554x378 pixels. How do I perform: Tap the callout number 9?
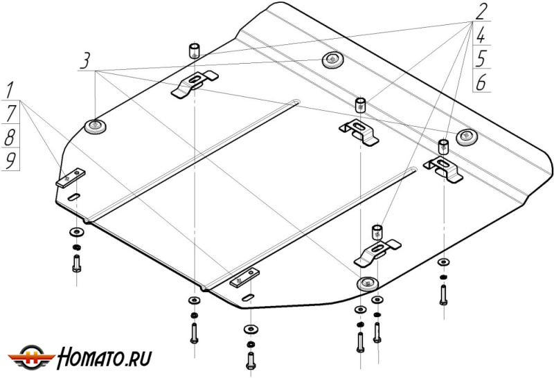[10, 161]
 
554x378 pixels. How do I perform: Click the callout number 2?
[481, 10]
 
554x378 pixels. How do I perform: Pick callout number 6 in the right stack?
[481, 82]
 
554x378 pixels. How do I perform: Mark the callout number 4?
[481, 34]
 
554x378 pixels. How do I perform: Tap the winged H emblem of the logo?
[33, 357]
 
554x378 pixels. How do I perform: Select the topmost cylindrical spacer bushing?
[194, 51]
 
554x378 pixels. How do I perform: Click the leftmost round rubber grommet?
[94, 127]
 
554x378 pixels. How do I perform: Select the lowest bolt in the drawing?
[250, 360]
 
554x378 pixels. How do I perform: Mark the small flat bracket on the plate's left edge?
[69, 177]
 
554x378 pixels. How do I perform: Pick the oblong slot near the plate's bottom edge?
[247, 297]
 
